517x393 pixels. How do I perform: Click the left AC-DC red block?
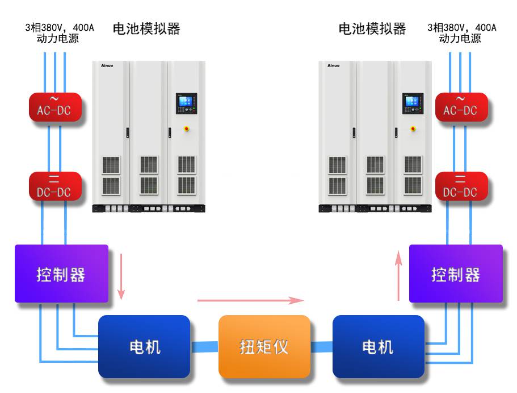[56, 107]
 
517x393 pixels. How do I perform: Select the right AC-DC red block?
[461, 107]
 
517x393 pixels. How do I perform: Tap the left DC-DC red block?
[56, 186]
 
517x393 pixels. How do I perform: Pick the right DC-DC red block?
[461, 186]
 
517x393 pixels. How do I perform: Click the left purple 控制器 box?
[62, 274]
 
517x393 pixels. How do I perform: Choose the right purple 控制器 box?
[456, 274]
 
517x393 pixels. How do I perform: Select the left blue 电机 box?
[144, 346]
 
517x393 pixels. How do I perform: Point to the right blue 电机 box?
[379, 346]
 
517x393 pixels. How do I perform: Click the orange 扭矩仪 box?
[264, 346]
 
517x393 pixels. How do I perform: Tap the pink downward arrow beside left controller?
[121, 276]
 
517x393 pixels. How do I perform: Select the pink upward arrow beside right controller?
[398, 276]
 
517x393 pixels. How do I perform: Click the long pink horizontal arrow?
[251, 300]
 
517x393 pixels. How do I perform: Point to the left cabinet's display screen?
[186, 103]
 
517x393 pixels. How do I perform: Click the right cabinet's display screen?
[413, 103]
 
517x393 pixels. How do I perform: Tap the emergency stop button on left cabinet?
[187, 129]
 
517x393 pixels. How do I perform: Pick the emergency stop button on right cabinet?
[413, 129]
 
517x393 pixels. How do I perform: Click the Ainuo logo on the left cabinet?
[107, 66]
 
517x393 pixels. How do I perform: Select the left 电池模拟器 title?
[146, 29]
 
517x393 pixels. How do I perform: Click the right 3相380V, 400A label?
[462, 27]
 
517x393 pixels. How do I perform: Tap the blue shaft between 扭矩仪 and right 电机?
[321, 347]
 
